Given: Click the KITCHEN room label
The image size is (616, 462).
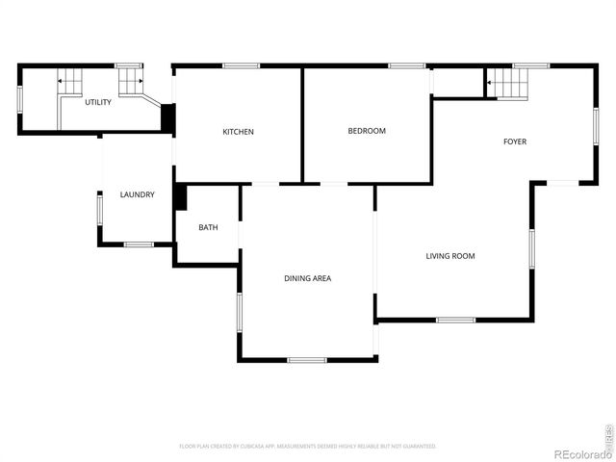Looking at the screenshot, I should coord(238,132).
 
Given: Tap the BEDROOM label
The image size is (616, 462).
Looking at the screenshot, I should coord(367,131).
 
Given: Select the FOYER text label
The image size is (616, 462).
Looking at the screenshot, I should coord(515,142).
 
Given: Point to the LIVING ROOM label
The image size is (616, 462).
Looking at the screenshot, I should coord(450,256).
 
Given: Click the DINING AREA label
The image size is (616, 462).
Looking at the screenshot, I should coord(307,278).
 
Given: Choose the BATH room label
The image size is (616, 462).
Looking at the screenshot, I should coord(208,228).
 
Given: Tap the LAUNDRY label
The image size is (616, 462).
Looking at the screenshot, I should coord(137,195).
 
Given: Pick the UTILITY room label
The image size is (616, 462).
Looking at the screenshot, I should coord(97,102).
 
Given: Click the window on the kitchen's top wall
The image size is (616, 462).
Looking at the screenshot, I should coord(241,65).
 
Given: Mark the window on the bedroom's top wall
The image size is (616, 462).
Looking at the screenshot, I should coord(407,65).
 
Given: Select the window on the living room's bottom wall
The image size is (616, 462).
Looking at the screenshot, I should coord(455,320).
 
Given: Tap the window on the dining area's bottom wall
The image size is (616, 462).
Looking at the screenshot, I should coord(307,360).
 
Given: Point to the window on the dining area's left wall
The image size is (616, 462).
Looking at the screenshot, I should coord(239,312).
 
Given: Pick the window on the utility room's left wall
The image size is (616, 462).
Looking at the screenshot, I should coord(19,98).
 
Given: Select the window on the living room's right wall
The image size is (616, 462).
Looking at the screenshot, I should coord(531,247).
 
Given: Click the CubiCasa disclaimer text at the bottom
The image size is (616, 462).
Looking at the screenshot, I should coord(307,447).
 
